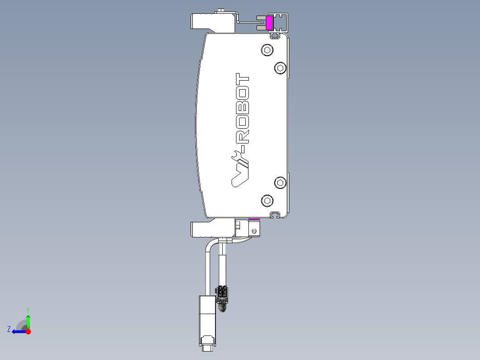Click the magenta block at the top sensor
269,23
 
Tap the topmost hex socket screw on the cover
267,50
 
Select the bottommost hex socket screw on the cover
267,200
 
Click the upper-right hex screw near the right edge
280,68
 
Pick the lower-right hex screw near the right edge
280,182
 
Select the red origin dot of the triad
28,331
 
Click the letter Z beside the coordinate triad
9,329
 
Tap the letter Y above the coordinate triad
28,309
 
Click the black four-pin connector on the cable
222,293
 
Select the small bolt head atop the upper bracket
221,11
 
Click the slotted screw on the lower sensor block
254,231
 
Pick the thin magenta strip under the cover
254,219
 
